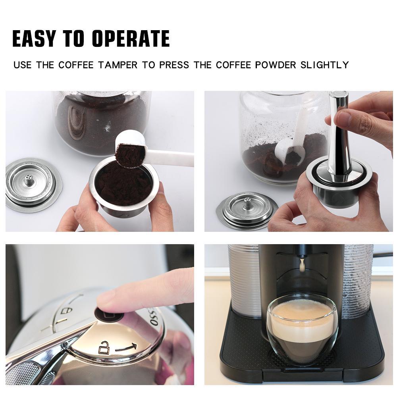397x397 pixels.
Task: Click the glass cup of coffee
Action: tap(302, 330)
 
